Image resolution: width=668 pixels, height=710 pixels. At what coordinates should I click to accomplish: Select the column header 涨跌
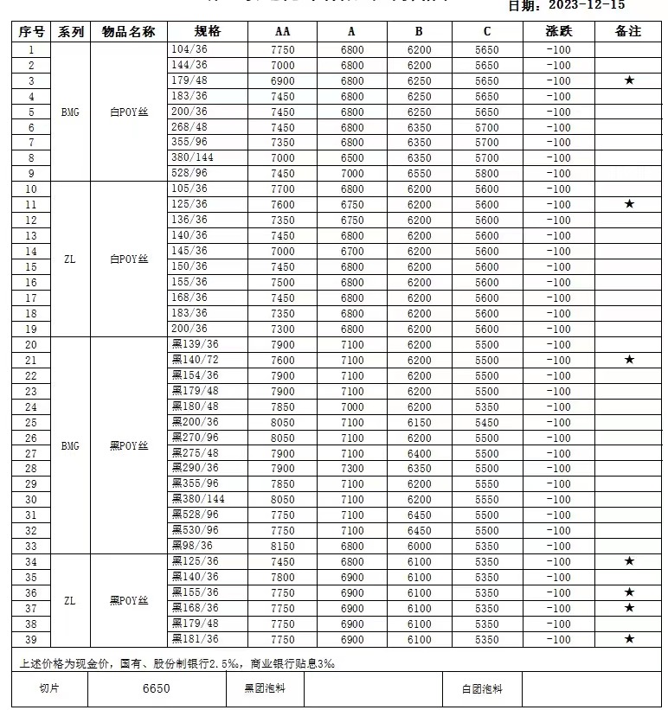pos(559,32)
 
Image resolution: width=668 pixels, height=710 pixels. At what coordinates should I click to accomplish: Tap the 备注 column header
pos(628,32)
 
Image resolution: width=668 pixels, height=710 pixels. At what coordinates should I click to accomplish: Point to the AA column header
pos(283,32)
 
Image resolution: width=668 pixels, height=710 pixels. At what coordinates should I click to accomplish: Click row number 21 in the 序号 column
pos(31,360)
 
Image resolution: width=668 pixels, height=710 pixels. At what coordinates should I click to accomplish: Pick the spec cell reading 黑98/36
pos(191,546)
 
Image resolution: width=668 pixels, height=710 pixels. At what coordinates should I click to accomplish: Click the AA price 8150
pos(283,546)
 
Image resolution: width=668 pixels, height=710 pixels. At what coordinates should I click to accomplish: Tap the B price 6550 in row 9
pos(419,174)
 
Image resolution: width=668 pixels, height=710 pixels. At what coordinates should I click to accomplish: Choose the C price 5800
pos(487,174)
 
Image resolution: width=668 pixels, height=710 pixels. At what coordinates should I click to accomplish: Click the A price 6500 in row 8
pos(351,158)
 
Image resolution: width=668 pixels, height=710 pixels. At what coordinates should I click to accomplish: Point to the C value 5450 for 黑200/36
pos(487,422)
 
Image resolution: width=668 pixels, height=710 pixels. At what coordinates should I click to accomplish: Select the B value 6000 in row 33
pos(419,546)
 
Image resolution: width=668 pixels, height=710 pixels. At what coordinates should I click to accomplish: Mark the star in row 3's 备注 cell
pos(629,81)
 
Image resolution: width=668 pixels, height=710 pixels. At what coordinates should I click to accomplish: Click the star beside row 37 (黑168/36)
pos(629,608)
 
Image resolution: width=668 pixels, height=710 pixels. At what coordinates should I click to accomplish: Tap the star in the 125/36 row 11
pos(629,205)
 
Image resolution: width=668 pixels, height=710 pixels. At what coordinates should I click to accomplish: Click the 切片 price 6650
pos(157,689)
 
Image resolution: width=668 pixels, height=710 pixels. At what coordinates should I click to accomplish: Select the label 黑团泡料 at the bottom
pos(265,689)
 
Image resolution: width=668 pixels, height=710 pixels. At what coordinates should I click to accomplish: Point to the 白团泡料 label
pos(482,689)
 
